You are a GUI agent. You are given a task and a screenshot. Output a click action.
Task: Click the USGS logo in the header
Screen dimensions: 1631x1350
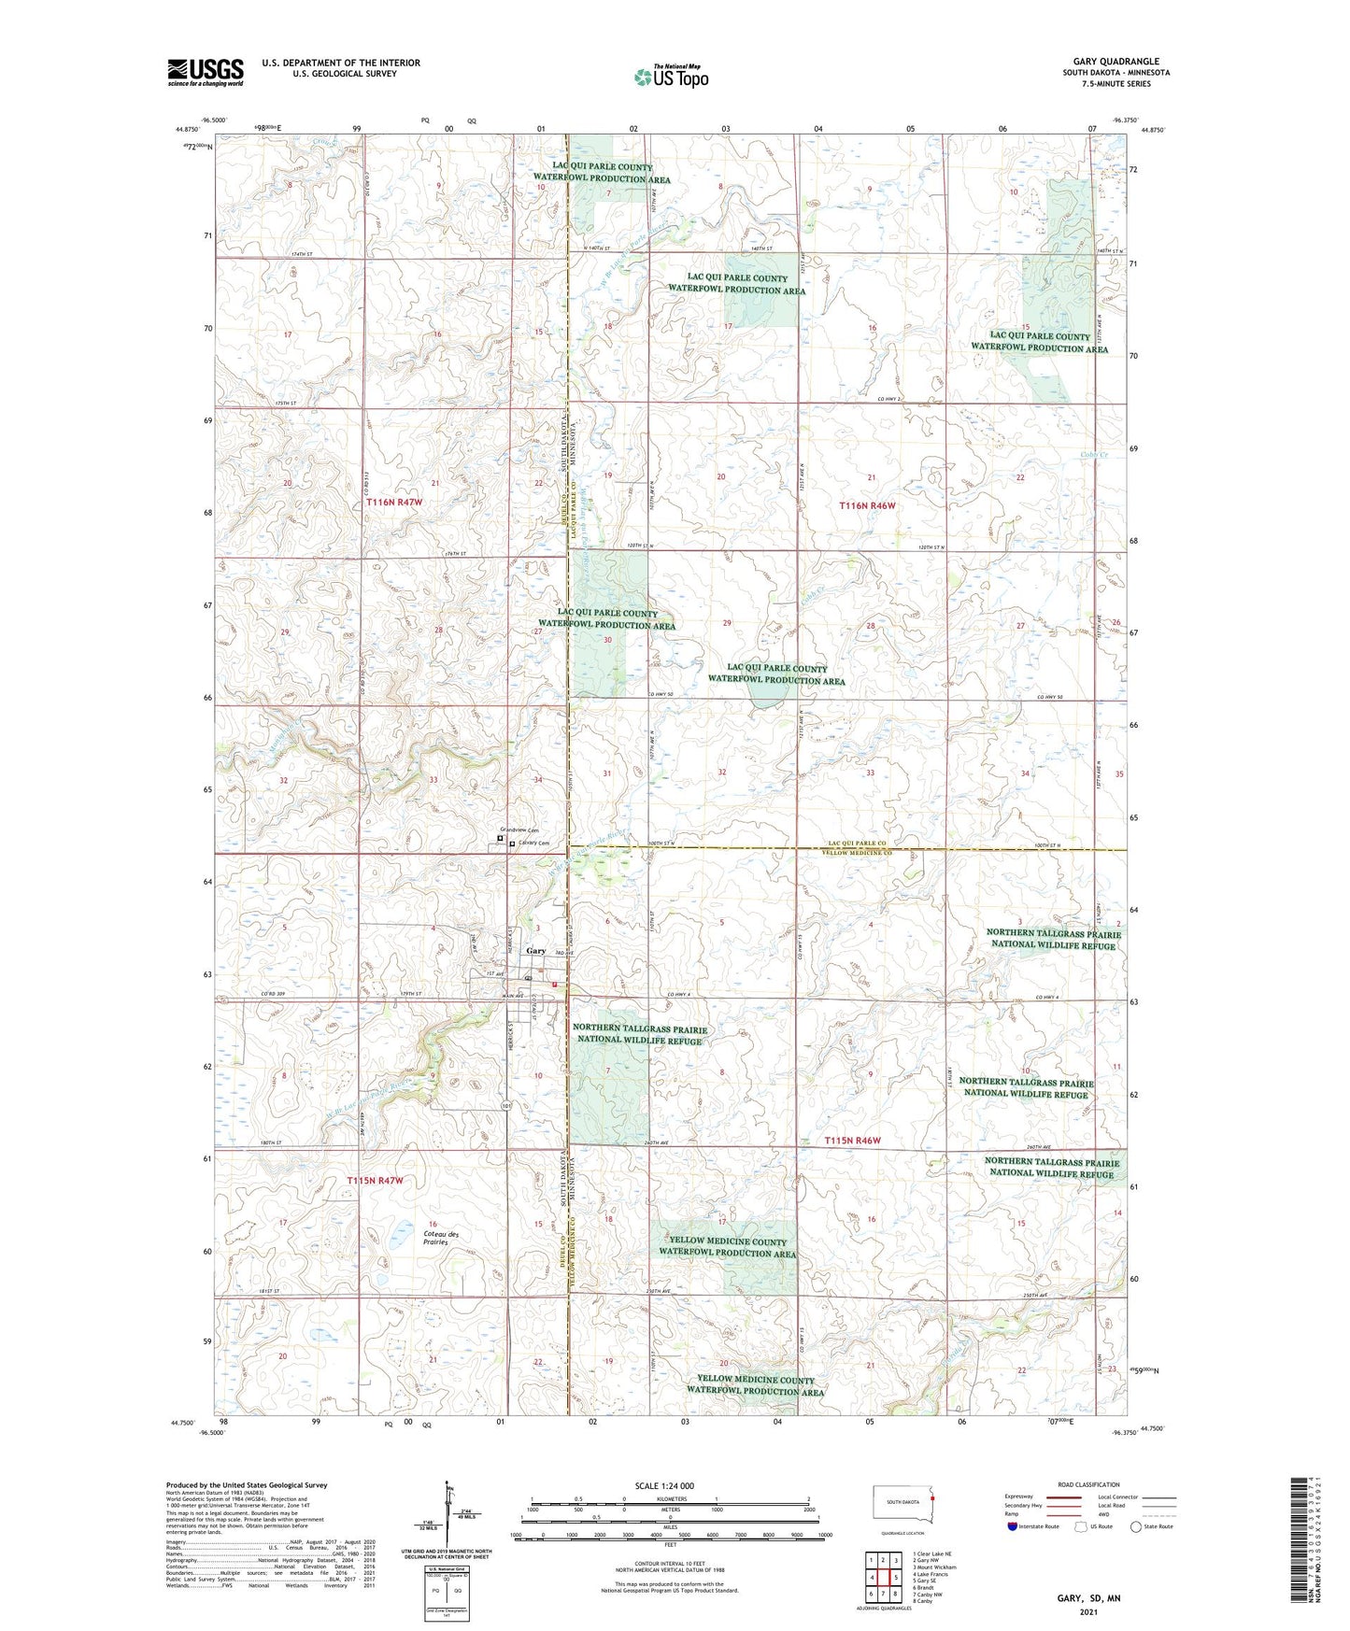(x=205, y=71)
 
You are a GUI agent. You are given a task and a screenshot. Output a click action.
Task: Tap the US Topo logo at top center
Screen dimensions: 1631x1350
(x=671, y=77)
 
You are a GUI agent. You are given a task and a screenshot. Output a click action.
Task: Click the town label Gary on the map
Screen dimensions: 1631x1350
(x=535, y=951)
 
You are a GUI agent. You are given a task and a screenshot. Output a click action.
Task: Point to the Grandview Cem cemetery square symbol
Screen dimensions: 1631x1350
(x=500, y=839)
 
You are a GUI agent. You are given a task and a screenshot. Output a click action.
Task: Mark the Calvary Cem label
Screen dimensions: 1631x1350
(x=533, y=844)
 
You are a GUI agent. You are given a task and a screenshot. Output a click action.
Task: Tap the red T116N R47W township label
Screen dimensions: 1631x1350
(x=393, y=503)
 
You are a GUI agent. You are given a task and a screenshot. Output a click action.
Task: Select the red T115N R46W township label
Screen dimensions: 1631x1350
(x=852, y=1142)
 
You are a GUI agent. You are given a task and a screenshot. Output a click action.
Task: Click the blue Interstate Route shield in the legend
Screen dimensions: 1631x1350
(x=1012, y=1527)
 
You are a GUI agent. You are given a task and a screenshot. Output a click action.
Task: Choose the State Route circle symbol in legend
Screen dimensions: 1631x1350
(x=1135, y=1527)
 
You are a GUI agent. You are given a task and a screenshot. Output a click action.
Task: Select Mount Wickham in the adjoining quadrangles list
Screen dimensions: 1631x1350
(x=934, y=1567)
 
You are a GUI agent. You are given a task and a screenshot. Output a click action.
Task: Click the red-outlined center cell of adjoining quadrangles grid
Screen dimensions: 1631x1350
(x=882, y=1577)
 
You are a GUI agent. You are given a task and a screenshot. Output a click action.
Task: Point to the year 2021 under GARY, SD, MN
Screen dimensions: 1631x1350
(x=1088, y=1611)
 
